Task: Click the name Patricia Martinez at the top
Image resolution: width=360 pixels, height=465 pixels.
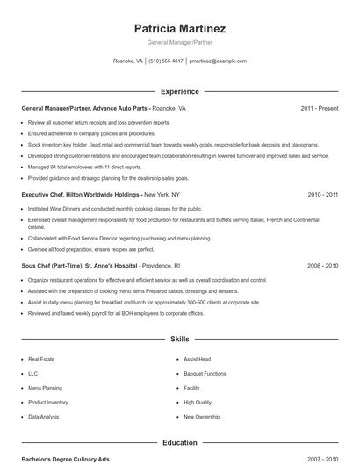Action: click(180, 27)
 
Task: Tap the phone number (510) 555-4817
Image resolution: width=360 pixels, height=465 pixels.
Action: click(166, 61)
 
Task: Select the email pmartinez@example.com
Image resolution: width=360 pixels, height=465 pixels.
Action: click(218, 61)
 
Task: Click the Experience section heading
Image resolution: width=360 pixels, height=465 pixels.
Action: click(180, 91)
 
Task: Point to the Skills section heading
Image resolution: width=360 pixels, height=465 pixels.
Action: click(180, 338)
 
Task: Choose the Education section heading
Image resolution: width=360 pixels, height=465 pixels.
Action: click(180, 443)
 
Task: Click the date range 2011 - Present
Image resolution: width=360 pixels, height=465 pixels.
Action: click(320, 109)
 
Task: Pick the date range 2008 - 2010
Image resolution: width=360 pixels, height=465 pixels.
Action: click(323, 265)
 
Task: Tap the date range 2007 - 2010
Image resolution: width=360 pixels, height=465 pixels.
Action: click(323, 459)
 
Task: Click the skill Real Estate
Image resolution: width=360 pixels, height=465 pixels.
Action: click(41, 359)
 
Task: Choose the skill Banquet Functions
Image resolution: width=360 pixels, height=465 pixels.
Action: click(205, 374)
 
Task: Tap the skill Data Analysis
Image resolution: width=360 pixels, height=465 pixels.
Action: click(44, 417)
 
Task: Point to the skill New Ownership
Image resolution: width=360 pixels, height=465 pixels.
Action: click(201, 417)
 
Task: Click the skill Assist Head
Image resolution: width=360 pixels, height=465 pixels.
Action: click(197, 359)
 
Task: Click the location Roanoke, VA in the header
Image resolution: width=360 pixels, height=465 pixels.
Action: click(128, 61)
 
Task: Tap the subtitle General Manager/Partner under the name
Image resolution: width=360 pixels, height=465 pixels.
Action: click(180, 42)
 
